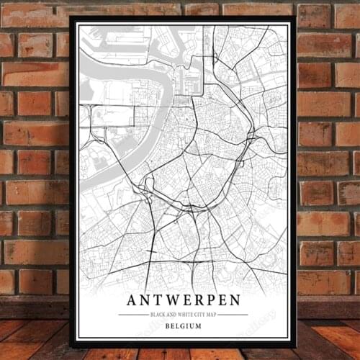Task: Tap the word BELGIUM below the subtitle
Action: pos(183,326)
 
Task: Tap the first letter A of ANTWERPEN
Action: pos(132,300)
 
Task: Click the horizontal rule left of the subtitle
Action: pos(132,315)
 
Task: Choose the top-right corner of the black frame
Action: pos(296,17)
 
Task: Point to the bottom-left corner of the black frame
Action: pos(71,346)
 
